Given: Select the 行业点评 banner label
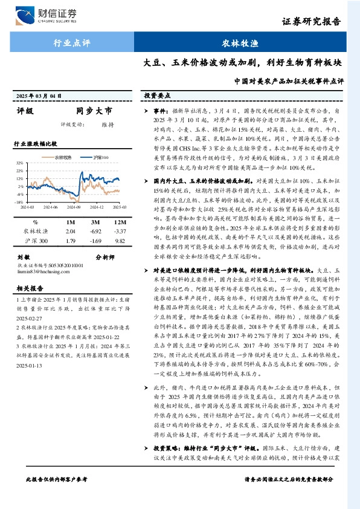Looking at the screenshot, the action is point(71,44).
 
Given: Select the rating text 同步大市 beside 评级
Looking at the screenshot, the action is point(94,111).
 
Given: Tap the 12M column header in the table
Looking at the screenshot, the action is point(120,221).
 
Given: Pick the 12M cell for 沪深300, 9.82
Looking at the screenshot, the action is point(120,241).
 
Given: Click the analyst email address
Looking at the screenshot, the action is point(42,269).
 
